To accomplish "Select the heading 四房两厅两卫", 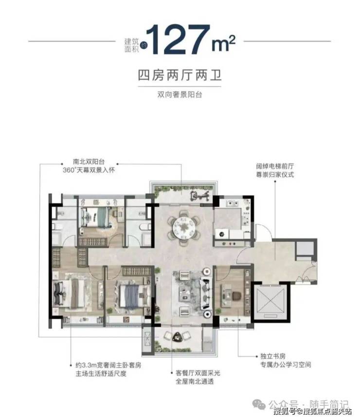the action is [180, 75].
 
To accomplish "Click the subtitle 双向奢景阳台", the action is [180, 94].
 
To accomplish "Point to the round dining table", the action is [183, 228].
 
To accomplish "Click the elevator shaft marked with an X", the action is [270, 301].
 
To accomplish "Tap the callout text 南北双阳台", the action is [89, 162].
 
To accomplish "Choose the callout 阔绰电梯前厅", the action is [275, 166].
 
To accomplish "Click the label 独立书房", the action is [272, 356].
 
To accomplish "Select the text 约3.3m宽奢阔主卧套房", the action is [108, 365].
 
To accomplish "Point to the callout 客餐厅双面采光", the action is [198, 373].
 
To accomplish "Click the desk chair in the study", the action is [236, 295].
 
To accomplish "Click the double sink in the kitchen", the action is [232, 203].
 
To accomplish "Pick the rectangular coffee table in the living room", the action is [184, 291].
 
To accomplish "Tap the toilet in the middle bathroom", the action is [144, 227].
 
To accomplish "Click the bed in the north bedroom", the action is [96, 217].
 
